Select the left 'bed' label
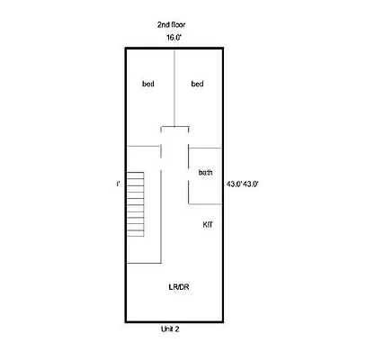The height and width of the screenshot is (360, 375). [148, 85]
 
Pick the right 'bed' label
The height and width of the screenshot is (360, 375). [198, 85]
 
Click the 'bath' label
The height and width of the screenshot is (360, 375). [206, 172]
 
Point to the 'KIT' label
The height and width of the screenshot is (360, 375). [208, 224]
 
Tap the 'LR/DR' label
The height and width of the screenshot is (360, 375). [178, 287]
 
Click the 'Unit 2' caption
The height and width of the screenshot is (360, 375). [171, 330]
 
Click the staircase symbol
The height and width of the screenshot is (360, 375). [135, 204]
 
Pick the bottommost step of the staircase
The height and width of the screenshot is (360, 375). [135, 234]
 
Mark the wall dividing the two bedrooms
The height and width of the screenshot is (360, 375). [174, 90]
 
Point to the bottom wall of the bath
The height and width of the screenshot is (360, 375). [205, 203]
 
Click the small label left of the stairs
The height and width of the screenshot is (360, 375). [118, 184]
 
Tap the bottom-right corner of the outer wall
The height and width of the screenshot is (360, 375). [224, 321]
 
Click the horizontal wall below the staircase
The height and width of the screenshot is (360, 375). [142, 263]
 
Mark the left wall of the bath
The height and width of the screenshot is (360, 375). [188, 184]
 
